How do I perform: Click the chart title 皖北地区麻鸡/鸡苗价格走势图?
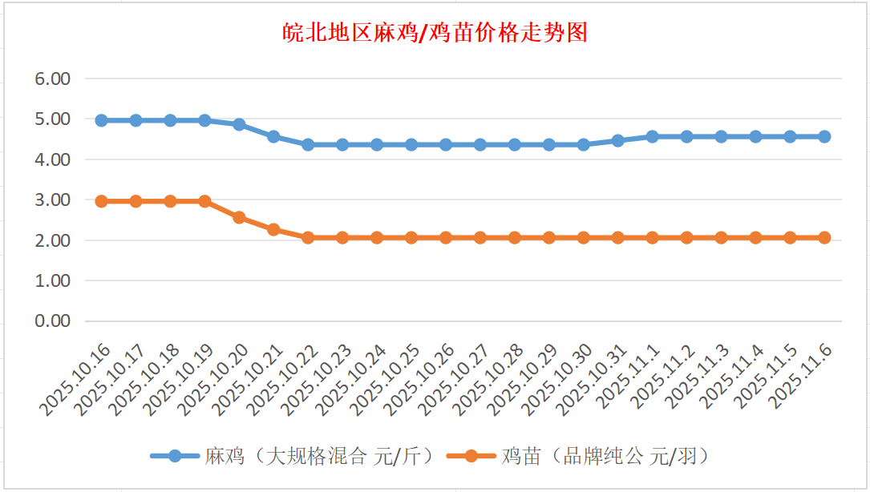[435, 33]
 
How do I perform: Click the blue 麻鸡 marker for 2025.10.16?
[102, 120]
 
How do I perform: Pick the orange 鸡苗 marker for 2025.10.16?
[102, 201]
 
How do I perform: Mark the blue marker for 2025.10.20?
[239, 124]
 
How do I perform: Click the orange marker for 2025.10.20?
[239, 217]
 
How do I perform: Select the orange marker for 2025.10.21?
[273, 229]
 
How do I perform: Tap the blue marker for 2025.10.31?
[618, 140]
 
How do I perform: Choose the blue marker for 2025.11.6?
[824, 136]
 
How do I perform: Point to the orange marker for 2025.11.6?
[824, 237]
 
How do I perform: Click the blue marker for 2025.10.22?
[308, 144]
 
